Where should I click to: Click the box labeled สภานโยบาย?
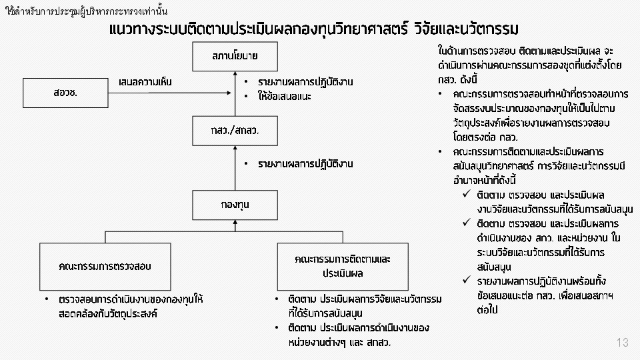point(235,56)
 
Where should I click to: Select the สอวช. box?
point(65,93)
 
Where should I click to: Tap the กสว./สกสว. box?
point(235,131)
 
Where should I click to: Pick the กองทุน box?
point(235,205)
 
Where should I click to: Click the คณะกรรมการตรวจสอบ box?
point(105,267)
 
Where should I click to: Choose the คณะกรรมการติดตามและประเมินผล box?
point(343,267)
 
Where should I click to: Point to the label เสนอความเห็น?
point(145,82)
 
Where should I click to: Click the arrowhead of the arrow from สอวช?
point(229,93)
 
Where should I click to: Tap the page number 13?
point(623,343)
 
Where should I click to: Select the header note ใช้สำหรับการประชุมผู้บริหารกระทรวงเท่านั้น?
point(87,11)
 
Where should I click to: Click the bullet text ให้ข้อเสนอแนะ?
point(285,96)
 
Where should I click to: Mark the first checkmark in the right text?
point(467,194)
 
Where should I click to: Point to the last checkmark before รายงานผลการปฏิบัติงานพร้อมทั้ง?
point(467,280)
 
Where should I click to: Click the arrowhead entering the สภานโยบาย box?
point(235,74)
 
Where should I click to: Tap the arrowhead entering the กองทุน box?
point(235,223)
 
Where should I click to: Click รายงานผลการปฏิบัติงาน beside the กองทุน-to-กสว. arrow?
point(305,164)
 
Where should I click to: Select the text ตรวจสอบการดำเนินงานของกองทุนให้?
point(131,299)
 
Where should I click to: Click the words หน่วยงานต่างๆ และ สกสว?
point(339,342)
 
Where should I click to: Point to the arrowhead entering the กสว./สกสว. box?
point(235,148)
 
